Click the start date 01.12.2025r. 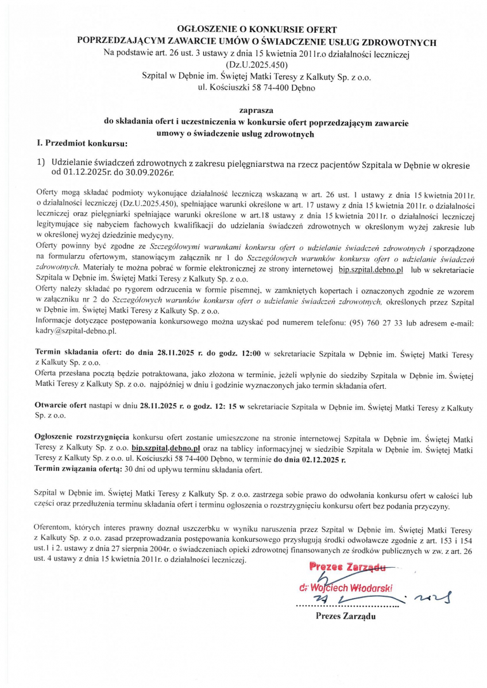click(x=80, y=171)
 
